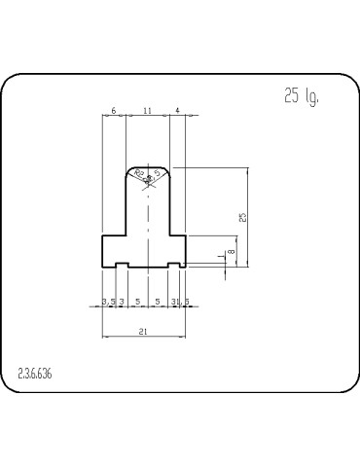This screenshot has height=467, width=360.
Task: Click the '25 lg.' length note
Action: (x=301, y=95)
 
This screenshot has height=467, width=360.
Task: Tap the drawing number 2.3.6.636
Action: (x=35, y=374)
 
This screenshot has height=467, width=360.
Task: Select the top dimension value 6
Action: (x=114, y=112)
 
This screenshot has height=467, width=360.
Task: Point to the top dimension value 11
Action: (x=147, y=112)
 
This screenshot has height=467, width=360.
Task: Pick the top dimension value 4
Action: (x=178, y=112)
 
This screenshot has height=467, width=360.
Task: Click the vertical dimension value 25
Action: (x=242, y=217)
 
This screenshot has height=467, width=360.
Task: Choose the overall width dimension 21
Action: (x=143, y=332)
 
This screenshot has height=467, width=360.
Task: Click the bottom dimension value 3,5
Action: (x=109, y=302)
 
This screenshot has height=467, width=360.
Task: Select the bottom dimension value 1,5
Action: (x=182, y=302)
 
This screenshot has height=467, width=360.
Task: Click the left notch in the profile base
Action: (x=123, y=264)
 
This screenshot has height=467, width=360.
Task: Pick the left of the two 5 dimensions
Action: (x=136, y=302)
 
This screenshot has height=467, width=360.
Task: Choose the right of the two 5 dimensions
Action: (x=158, y=302)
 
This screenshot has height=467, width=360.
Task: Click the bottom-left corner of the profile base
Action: (x=103, y=268)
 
